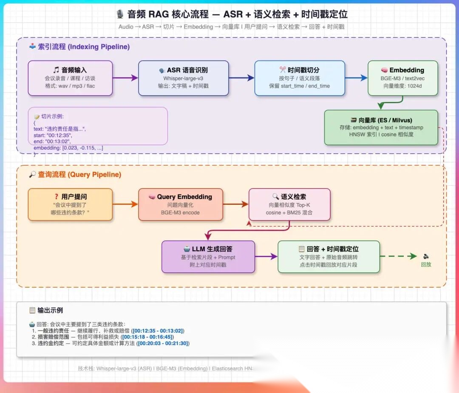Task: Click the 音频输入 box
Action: [70, 78]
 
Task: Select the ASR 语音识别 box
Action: [183, 78]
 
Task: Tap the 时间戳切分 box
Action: [300, 78]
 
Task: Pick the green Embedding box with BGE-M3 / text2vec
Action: [402, 78]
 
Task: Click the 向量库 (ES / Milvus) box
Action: [381, 127]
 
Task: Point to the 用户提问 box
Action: [70, 204]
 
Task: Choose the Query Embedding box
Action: [181, 204]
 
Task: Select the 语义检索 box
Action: [289, 204]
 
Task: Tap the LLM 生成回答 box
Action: [208, 257]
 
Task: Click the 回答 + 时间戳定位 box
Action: [329, 257]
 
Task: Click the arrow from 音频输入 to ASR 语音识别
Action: [125, 78]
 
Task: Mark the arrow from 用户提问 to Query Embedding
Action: [125, 204]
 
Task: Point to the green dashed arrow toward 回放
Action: [398, 256]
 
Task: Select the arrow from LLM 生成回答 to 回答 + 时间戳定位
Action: [266, 257]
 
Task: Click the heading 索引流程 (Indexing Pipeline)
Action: [79, 47]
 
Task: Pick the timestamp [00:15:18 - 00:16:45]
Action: [148, 337]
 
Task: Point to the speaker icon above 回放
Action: [426, 256]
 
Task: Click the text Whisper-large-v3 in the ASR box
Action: [183, 78]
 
